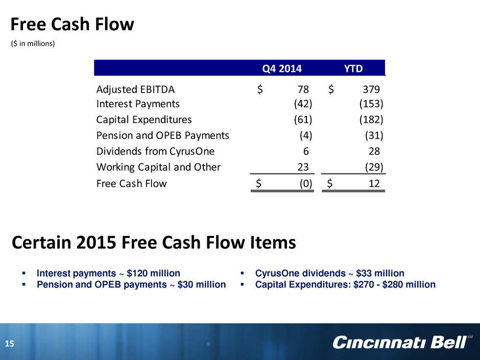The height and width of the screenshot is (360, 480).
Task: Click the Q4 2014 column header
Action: point(282,68)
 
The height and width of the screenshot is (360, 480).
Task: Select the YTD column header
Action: point(353,68)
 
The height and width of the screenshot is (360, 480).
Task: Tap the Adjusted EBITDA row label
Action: point(135,89)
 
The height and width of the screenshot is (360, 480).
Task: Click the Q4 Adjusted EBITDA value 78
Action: point(303,89)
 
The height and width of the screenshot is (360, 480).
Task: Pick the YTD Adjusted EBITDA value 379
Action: point(371,89)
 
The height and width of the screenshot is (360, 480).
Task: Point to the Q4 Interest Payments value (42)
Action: point(303,104)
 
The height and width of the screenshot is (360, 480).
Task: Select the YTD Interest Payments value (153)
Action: point(371,104)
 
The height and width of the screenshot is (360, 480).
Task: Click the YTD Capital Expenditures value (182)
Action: point(371,119)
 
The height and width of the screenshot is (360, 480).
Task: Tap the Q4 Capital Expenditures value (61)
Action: point(303,119)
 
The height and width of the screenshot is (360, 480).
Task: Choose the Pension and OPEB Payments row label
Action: point(162,135)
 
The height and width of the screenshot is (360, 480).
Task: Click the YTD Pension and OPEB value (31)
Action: point(374,136)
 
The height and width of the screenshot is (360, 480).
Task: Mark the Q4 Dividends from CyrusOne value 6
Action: point(306,151)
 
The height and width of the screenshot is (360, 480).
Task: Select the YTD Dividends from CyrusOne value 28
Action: point(374,151)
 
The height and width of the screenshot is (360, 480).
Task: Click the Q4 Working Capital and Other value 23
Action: point(303,167)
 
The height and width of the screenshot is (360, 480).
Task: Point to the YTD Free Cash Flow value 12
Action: point(374,183)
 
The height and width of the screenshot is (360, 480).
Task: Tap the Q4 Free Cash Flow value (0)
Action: point(306,184)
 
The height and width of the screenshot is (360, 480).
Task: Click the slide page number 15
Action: point(10,344)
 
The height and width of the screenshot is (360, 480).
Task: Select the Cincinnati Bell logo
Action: point(402,343)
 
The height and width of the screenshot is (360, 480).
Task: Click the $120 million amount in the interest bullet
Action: point(153,273)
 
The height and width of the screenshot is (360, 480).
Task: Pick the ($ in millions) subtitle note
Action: point(33,44)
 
